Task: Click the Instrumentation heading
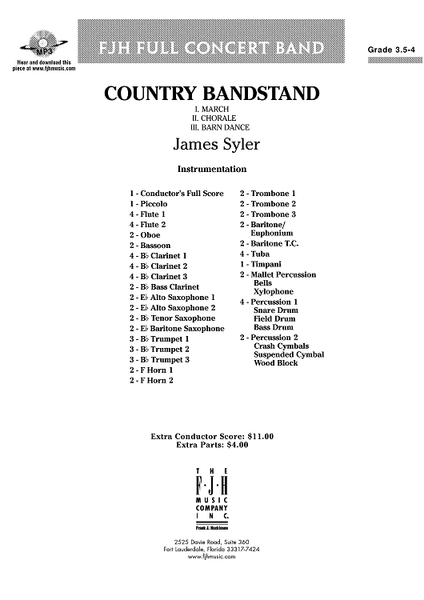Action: click(211, 169)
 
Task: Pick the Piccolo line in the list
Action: click(149, 204)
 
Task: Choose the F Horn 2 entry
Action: click(150, 380)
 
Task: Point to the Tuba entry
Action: click(255, 254)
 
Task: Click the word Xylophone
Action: click(273, 292)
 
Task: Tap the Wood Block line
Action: click(275, 363)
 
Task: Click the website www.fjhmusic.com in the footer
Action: click(211, 557)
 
